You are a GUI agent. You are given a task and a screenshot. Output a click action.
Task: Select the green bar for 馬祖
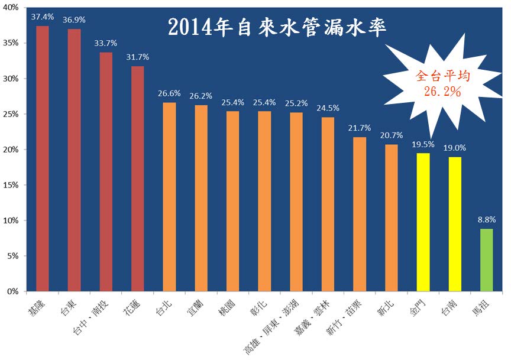487,260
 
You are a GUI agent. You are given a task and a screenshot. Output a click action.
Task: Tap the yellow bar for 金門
423,222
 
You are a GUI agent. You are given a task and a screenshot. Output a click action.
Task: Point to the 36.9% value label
74,20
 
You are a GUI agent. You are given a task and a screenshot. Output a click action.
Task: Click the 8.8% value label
487,219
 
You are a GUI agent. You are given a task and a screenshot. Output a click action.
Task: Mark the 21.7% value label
360,128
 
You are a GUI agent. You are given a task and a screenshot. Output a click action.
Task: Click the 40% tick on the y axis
11,8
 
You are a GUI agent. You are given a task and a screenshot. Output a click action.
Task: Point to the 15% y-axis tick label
11,185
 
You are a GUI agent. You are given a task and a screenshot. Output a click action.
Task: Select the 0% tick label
14,291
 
